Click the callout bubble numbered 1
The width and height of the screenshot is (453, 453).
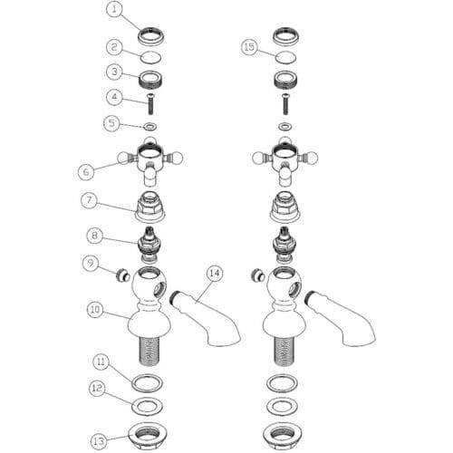[x=114, y=9]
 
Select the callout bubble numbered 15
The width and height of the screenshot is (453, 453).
[x=249, y=47]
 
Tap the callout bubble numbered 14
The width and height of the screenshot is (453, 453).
[x=215, y=274]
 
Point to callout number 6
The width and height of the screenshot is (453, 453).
[x=86, y=171]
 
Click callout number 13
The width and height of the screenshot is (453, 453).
[x=99, y=441]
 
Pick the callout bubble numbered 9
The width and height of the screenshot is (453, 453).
[x=91, y=264]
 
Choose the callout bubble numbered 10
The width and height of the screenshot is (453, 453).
[x=95, y=310]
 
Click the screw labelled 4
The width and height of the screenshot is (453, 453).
[x=150, y=104]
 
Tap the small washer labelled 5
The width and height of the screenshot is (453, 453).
[x=149, y=126]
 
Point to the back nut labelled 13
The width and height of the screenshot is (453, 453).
[x=148, y=435]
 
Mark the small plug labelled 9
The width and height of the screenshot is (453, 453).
[x=124, y=275]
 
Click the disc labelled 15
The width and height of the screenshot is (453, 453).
[x=285, y=57]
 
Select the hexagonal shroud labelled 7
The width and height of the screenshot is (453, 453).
[x=150, y=208]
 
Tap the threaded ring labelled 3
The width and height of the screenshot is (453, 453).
[x=150, y=79]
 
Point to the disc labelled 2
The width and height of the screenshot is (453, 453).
[x=150, y=57]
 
